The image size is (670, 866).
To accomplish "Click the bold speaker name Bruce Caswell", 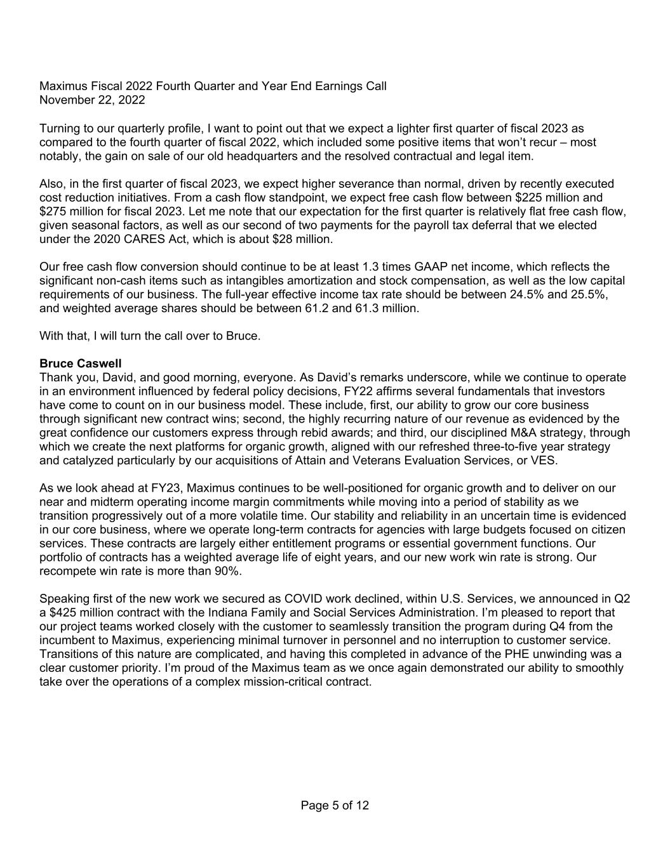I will click(x=80, y=364).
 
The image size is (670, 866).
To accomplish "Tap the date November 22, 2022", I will click(x=92, y=100).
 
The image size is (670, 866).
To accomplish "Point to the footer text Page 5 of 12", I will click(x=335, y=806).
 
